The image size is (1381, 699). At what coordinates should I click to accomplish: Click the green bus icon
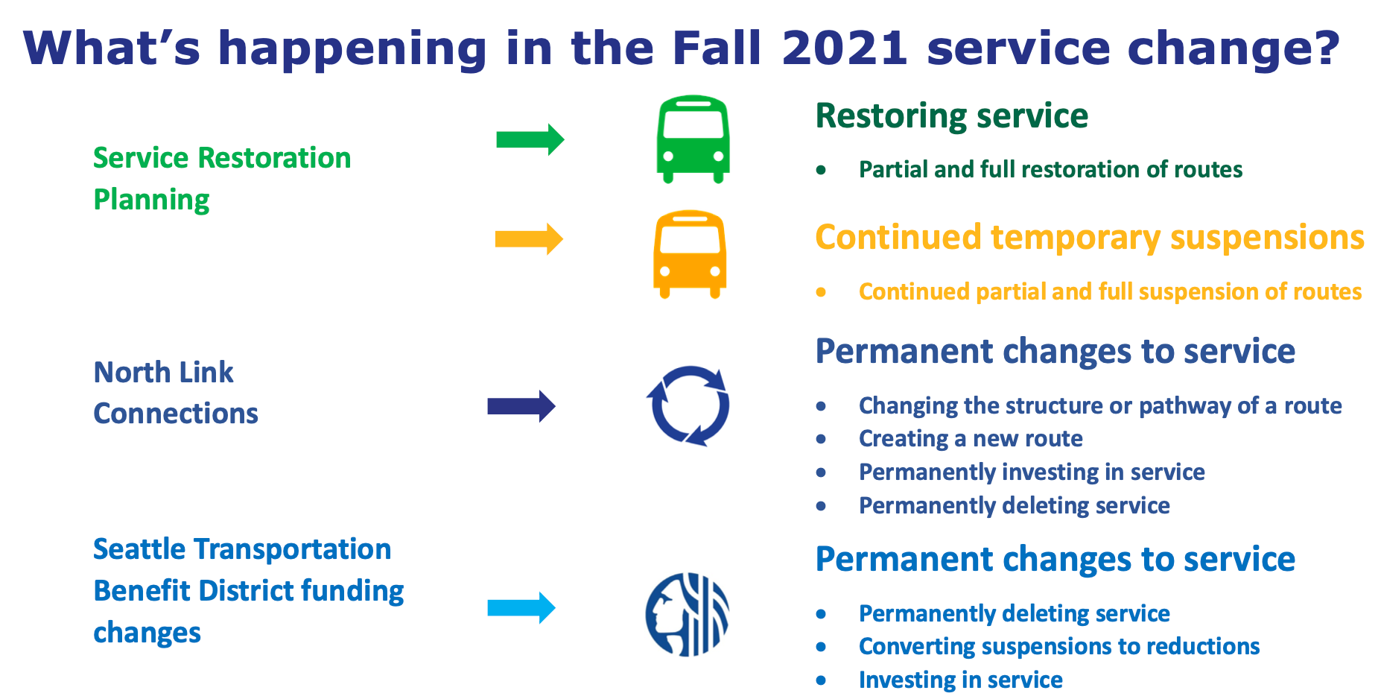pyautogui.click(x=693, y=139)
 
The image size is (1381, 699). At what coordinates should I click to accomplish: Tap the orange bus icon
pyautogui.click(x=690, y=254)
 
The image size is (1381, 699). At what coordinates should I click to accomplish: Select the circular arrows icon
pyautogui.click(x=688, y=406)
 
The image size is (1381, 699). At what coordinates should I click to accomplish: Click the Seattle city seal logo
pyautogui.click(x=687, y=614)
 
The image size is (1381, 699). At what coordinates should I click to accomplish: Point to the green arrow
pyautogui.click(x=530, y=139)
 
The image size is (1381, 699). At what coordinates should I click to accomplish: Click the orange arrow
pyautogui.click(x=529, y=239)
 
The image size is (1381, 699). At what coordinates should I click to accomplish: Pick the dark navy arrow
pyautogui.click(x=521, y=406)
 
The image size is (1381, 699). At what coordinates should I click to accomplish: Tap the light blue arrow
pyautogui.click(x=521, y=607)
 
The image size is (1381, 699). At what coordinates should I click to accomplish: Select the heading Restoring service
pyautogui.click(x=951, y=116)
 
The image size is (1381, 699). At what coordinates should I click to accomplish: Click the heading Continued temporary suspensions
pyautogui.click(x=1089, y=238)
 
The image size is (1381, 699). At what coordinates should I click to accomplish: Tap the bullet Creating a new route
pyautogui.click(x=970, y=439)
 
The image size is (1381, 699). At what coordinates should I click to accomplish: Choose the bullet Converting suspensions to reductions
pyautogui.click(x=1058, y=646)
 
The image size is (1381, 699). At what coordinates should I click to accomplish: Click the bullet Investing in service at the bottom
pyautogui.click(x=960, y=680)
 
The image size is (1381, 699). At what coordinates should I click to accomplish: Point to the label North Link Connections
pyautogui.click(x=175, y=393)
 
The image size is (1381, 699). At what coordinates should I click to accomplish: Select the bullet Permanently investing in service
pyautogui.click(x=1031, y=472)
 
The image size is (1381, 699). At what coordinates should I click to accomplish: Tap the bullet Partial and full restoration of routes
pyautogui.click(x=1050, y=170)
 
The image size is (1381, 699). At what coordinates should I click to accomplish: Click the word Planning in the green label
pyautogui.click(x=151, y=200)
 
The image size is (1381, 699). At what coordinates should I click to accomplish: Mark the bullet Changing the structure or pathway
pyautogui.click(x=1099, y=405)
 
